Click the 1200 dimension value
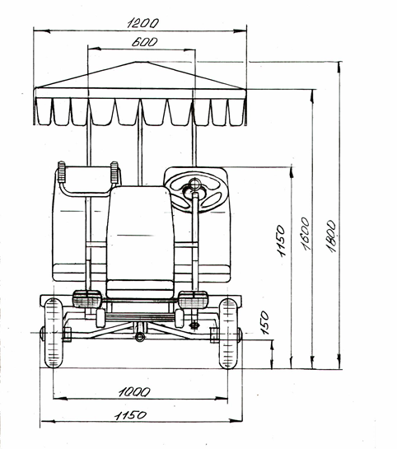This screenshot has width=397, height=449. click(142, 23)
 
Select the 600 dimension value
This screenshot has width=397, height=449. click(144, 42)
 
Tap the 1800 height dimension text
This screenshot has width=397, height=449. click(331, 236)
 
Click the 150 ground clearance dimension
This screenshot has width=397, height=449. click(265, 323)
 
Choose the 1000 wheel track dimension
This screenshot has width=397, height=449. click(134, 391)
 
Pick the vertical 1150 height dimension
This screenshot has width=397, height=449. click(281, 241)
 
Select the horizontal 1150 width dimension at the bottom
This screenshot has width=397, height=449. click(130, 415)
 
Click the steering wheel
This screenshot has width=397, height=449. click(196, 193)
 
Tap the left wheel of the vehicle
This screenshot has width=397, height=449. click(54, 333)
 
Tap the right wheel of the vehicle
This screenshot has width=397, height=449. click(228, 334)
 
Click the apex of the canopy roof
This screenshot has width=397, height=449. click(141, 62)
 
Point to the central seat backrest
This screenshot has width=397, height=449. click(140, 232)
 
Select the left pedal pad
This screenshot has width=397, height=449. click(86, 299)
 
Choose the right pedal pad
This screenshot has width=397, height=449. click(193, 300)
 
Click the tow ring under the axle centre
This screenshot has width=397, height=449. click(140, 337)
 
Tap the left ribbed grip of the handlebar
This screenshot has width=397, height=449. click(62, 172)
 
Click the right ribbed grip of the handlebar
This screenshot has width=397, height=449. click(114, 172)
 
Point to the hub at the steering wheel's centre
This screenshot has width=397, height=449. click(195, 183)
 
